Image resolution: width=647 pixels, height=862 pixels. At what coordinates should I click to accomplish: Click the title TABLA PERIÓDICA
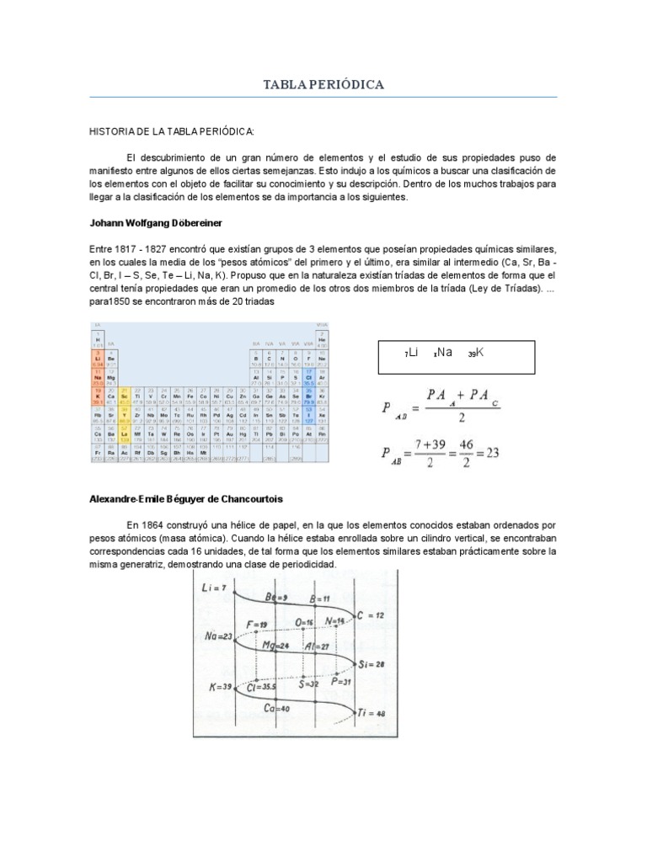323,85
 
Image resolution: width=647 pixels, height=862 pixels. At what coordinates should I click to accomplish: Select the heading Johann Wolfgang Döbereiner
155,222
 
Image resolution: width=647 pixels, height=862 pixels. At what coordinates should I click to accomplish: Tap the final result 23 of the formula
492,452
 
